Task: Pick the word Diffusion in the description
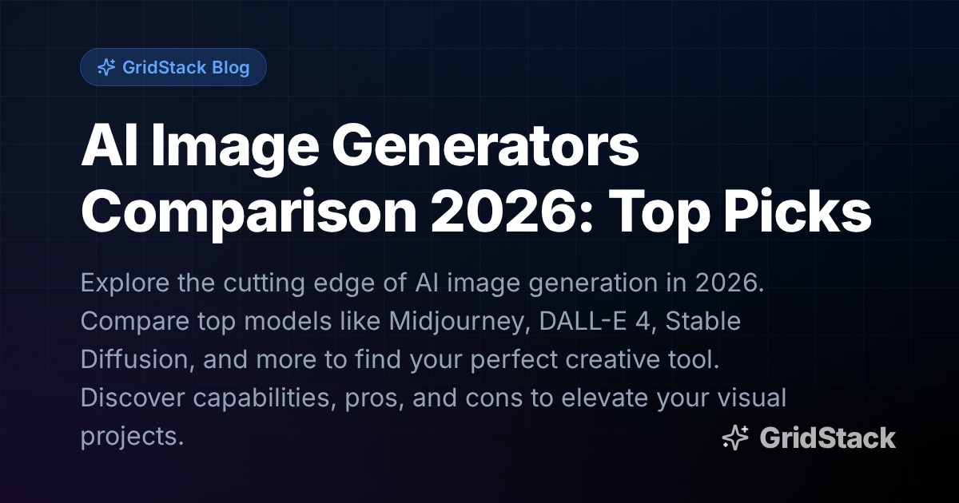133,359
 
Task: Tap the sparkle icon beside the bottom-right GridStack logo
734,438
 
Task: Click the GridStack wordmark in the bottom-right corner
827,438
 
